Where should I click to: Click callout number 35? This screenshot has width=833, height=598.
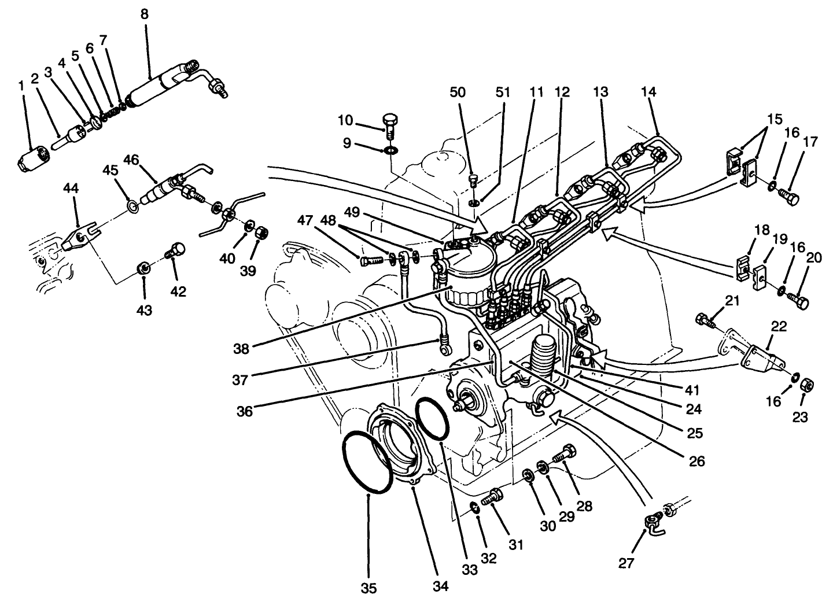click(x=369, y=588)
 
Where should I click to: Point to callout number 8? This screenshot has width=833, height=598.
click(x=144, y=14)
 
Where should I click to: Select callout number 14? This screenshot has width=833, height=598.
click(x=649, y=91)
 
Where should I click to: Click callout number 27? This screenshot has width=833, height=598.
click(x=626, y=563)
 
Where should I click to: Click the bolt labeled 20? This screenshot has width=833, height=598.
click(x=799, y=301)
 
